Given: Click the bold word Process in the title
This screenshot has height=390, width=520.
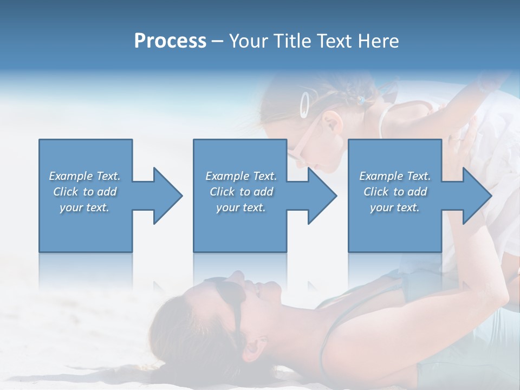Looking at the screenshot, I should point(170,41).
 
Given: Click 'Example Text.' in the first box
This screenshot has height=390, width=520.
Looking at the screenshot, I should point(84,176).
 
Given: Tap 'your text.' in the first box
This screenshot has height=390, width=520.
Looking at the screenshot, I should point(84,207).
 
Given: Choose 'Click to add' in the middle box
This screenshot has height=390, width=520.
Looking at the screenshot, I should point(241,192).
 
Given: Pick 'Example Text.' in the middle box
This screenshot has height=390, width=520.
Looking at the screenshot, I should point(241,176).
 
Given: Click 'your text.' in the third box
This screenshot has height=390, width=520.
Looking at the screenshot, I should point(395,207).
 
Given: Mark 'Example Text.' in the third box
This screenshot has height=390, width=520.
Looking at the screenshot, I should point(395,176).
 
